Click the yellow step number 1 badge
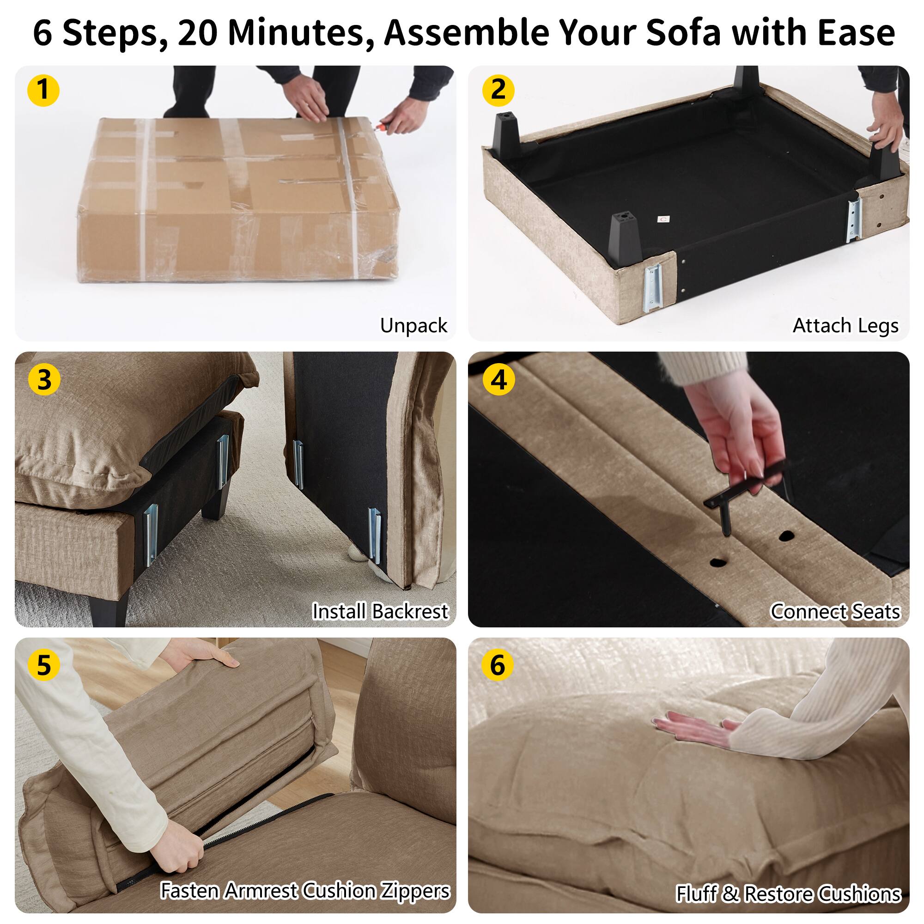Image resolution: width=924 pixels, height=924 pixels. [x=43, y=90]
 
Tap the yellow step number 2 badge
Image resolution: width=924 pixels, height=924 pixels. [x=498, y=90]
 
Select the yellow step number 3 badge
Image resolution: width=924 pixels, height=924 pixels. [x=44, y=380]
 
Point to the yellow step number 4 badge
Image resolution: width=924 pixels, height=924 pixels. [x=499, y=380]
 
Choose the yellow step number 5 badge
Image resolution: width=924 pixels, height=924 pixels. [x=43, y=665]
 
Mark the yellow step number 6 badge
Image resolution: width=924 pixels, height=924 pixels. [x=498, y=665]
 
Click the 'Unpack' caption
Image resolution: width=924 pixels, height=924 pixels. [x=413, y=326]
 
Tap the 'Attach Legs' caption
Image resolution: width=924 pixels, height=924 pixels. [x=845, y=326]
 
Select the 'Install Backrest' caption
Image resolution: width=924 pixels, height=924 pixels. [x=380, y=611]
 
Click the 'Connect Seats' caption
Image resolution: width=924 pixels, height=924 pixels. [x=835, y=611]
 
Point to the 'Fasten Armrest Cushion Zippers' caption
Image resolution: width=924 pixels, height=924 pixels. [x=305, y=891]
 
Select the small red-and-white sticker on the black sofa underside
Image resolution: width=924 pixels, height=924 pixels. [x=663, y=219]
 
